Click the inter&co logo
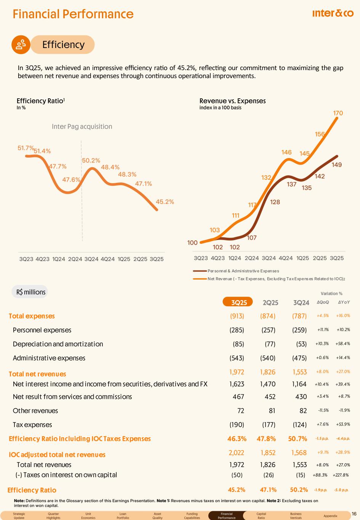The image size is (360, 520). [x=333, y=14]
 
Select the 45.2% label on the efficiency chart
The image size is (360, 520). [x=165, y=202]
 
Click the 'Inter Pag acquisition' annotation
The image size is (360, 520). [x=82, y=126]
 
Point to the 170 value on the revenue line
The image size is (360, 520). [x=338, y=113]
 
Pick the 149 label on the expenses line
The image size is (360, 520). [x=336, y=165]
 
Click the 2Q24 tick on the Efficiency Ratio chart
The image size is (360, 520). [x=75, y=259]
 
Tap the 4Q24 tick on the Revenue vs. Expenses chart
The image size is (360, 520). [x=286, y=258]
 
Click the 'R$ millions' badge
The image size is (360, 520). [x=30, y=292]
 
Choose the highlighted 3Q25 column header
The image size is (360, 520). [x=239, y=302]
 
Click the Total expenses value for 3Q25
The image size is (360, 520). [x=237, y=316]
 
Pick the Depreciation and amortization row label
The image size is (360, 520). [x=58, y=344]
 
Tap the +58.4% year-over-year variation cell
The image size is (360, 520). [x=342, y=344]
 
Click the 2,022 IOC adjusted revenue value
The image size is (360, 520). [x=236, y=453]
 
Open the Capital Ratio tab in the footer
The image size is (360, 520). [x=261, y=516]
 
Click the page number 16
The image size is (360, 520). [x=354, y=514]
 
